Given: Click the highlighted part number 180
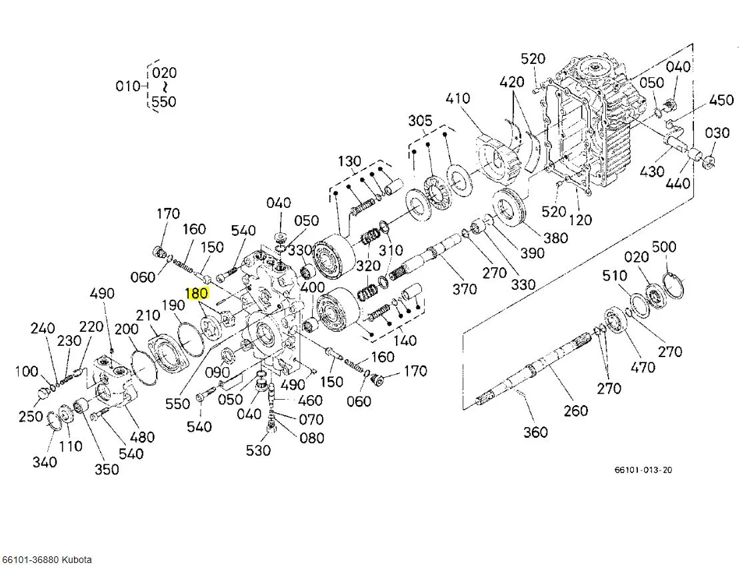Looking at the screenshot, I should [x=197, y=293].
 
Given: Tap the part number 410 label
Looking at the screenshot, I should [x=458, y=99].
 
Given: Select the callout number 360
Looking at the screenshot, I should [x=535, y=432].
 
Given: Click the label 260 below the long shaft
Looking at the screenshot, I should [x=575, y=411].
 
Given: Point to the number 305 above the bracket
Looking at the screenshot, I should [x=420, y=121].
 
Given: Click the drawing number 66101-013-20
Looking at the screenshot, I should [x=643, y=470].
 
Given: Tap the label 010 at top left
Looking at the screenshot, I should [x=127, y=86].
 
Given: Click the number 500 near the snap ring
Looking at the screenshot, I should [x=664, y=247].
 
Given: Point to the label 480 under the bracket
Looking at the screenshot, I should [x=142, y=437].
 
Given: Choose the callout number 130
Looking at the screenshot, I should [x=349, y=161].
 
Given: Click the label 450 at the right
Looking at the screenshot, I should [x=721, y=101].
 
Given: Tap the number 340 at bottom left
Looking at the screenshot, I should [x=45, y=461].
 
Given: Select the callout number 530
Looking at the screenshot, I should [x=258, y=450].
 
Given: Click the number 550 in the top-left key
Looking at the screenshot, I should [x=164, y=102].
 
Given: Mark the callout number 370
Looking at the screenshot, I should [x=465, y=289].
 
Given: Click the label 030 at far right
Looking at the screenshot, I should [x=717, y=133].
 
